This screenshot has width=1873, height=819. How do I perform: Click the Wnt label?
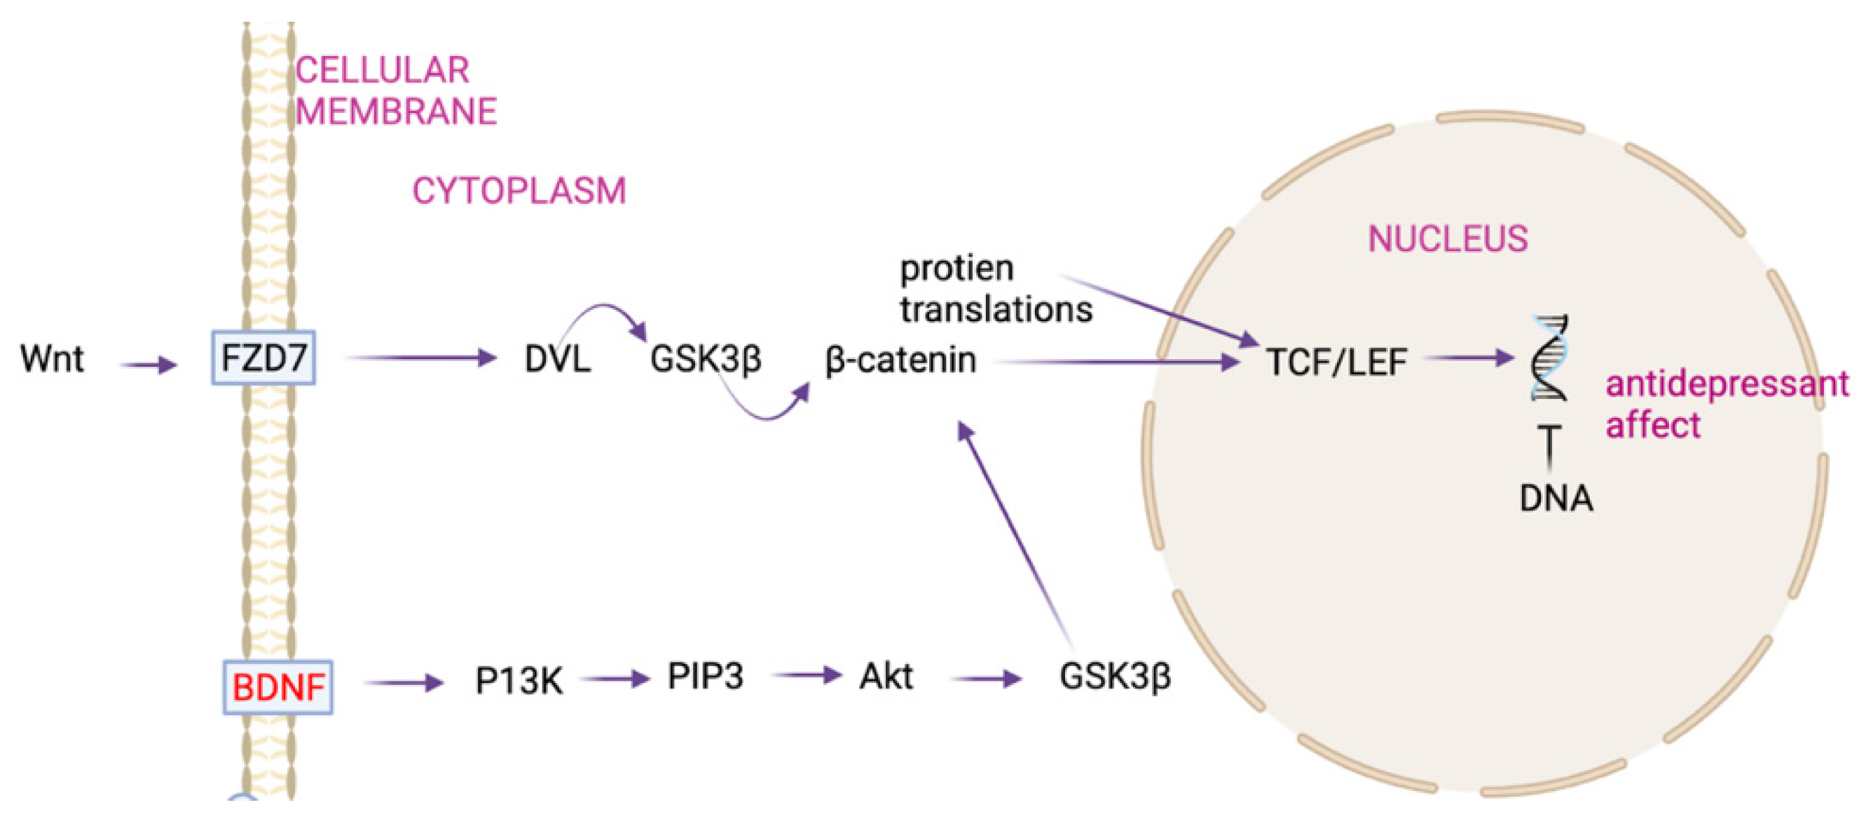click(x=53, y=358)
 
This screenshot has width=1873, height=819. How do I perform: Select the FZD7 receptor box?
click(x=263, y=358)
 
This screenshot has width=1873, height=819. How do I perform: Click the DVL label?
click(x=557, y=358)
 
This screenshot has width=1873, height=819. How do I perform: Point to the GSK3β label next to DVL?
click(x=706, y=358)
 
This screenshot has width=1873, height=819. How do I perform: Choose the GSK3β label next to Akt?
click(x=1115, y=677)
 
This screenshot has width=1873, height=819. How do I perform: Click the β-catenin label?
click(x=900, y=360)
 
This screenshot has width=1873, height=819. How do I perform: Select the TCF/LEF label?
click(x=1336, y=362)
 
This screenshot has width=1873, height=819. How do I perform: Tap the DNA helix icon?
click(x=1549, y=358)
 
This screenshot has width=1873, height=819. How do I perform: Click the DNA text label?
click(x=1556, y=499)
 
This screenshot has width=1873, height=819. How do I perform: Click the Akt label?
click(x=886, y=677)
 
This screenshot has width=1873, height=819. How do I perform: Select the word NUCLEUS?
click(x=1448, y=238)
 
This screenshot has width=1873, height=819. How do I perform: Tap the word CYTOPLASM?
click(x=519, y=191)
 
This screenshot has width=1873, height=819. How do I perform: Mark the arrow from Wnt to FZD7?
click(x=149, y=364)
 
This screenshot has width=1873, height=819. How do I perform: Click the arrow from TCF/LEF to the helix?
click(x=1469, y=357)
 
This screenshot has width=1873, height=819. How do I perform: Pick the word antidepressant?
click(x=1726, y=384)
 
